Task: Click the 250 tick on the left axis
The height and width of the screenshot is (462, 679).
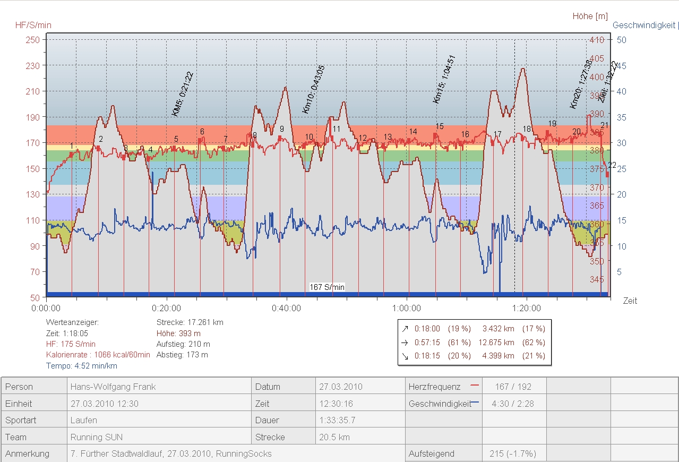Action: (33, 40)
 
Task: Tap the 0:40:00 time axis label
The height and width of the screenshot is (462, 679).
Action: (287, 308)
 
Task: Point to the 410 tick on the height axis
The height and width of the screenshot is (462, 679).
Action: (597, 40)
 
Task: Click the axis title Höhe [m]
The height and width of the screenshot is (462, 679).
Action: (590, 16)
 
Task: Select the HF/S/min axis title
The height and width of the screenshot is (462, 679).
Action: (33, 25)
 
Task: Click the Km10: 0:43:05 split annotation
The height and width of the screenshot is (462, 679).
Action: (313, 89)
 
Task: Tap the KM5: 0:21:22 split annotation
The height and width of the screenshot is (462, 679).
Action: (182, 93)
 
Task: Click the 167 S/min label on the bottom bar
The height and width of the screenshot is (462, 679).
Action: (327, 287)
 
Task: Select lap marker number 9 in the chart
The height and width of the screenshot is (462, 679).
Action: (282, 129)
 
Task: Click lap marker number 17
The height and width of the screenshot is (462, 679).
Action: (497, 134)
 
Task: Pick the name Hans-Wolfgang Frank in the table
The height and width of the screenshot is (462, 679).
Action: (113, 387)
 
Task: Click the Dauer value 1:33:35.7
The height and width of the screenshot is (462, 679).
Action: (337, 421)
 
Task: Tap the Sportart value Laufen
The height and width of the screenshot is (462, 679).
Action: (84, 421)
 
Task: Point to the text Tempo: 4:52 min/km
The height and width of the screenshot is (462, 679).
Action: (82, 366)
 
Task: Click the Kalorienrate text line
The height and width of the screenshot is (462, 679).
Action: (98, 355)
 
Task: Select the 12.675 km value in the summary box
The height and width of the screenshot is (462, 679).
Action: (498, 343)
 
